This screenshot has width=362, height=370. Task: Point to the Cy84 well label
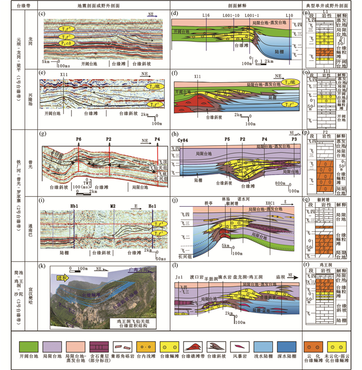181,140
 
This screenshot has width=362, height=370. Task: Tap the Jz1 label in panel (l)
179,276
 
